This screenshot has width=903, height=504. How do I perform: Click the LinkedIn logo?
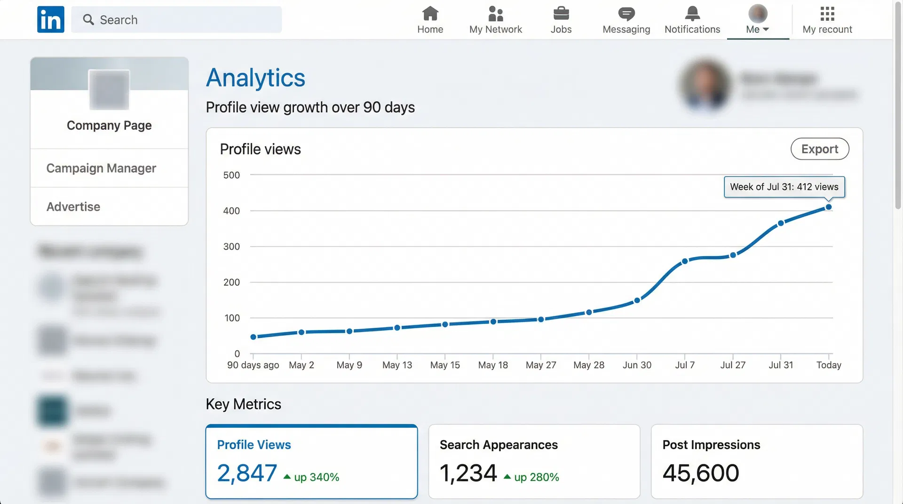[x=51, y=20]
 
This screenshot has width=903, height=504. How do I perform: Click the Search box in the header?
[x=176, y=20]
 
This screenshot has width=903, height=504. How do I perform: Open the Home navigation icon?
[x=430, y=14]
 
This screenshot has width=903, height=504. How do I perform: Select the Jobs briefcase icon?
[x=561, y=14]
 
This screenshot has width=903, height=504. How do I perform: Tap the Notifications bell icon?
[x=692, y=14]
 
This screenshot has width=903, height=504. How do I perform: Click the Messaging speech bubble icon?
[x=626, y=14]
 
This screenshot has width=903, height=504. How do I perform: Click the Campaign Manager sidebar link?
[x=101, y=168]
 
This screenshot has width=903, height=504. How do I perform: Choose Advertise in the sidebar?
[x=73, y=207]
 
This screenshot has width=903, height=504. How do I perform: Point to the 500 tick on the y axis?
[x=231, y=175]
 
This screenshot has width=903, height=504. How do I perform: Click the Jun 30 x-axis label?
[x=637, y=365]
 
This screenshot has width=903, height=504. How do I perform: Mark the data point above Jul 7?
[x=685, y=261]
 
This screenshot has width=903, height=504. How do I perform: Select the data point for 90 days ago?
[x=253, y=337]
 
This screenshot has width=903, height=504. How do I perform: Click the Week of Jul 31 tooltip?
[x=784, y=187]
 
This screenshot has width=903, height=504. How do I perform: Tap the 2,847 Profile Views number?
[x=247, y=473]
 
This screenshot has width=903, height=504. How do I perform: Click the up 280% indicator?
[x=536, y=477]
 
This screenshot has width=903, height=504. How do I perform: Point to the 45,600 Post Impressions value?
[x=700, y=473]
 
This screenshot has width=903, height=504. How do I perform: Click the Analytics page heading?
[x=255, y=78]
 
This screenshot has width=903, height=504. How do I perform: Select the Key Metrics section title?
[x=243, y=404]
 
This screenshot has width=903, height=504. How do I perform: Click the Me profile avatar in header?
[x=758, y=14]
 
